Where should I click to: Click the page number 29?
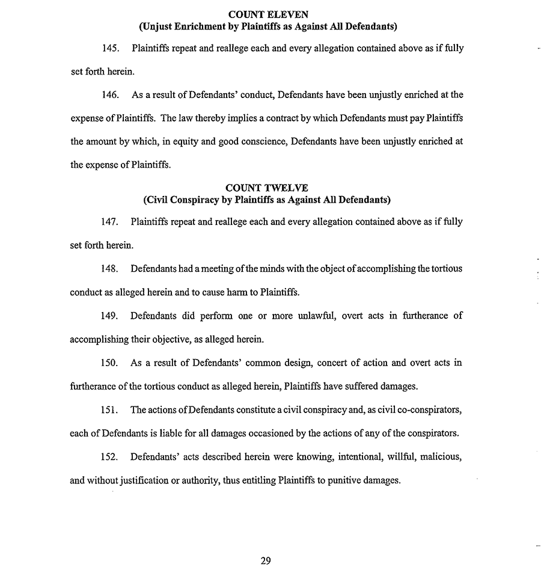[x=266, y=561]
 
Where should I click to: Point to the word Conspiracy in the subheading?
[x=194, y=200]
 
